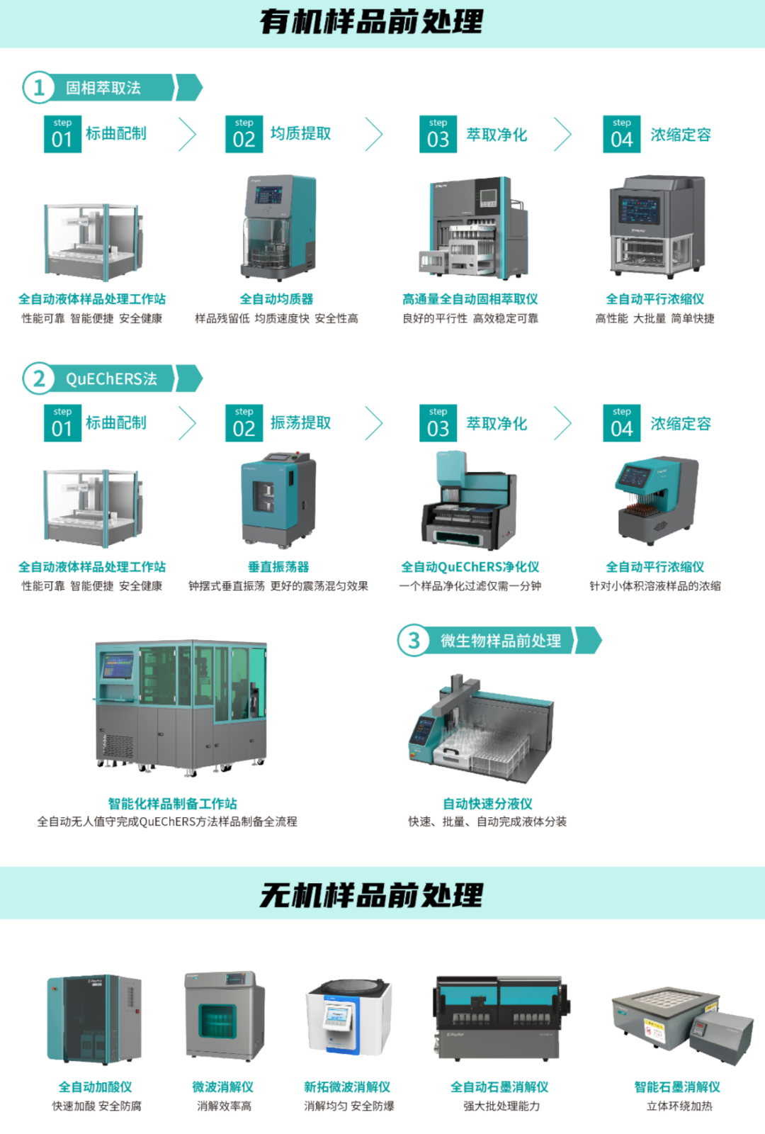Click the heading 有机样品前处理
tap(371, 23)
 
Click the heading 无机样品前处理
tap(371, 895)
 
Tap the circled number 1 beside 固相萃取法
tap(38, 88)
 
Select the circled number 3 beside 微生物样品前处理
tap(414, 641)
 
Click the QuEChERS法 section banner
tap(111, 379)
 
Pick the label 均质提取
tap(300, 134)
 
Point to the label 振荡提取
tap(300, 423)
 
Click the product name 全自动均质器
tap(276, 299)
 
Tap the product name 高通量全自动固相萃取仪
tap(470, 299)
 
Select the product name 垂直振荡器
tap(278, 567)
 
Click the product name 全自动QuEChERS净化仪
tap(470, 567)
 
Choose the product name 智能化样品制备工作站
tap(172, 804)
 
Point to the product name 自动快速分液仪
tap(487, 804)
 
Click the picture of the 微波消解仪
tap(224, 1016)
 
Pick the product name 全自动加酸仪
tap(95, 1087)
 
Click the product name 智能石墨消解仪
tap(677, 1087)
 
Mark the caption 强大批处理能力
tap(501, 1106)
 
